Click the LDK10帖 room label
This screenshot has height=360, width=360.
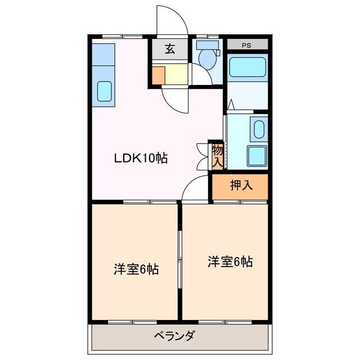pyautogui.click(x=141, y=159)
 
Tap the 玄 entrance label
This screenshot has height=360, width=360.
pyautogui.click(x=169, y=49)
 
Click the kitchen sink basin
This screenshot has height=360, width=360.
pyautogui.click(x=105, y=91)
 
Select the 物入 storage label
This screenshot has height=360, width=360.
pyautogui.click(x=217, y=155)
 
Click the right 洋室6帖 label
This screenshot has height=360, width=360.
pyautogui.click(x=229, y=262)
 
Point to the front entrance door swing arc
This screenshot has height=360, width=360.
pyautogui.click(x=173, y=20)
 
